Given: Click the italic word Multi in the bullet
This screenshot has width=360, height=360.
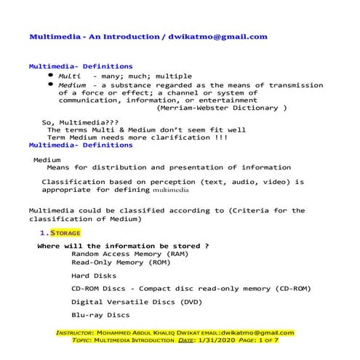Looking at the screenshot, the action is point(70,76).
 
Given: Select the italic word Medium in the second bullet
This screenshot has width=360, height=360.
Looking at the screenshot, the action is point(74,85).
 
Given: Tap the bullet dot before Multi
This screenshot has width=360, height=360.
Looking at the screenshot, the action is point(49,76).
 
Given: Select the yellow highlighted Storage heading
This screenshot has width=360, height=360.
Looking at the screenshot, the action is point(65,233).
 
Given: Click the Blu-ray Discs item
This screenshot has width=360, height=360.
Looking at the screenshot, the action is point(100,315).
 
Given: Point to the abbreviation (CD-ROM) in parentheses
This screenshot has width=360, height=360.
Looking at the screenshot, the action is point(289,288).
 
